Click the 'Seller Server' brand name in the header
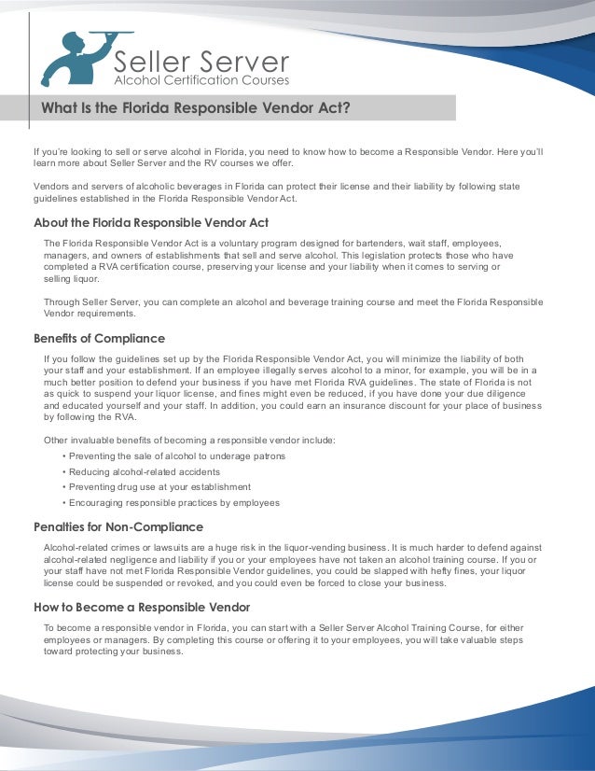pos(201,63)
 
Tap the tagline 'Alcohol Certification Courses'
pos(201,81)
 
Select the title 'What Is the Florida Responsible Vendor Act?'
pos(195,107)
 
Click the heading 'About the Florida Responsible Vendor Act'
pos(151,223)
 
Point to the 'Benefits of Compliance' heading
pos(99,339)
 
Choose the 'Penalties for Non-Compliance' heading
pos(118,526)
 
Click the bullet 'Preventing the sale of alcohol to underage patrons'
pos(173,456)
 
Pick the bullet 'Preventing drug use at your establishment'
pos(156,486)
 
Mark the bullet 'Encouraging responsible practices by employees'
pos(170,502)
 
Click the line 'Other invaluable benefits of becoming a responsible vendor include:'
pos(189,441)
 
